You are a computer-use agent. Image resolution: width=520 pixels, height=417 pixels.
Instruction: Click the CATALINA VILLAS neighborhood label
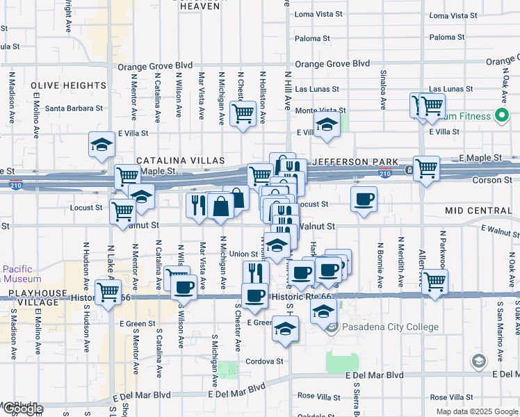click(172, 160)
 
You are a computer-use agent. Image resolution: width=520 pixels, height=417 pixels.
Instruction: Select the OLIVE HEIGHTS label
click(68, 85)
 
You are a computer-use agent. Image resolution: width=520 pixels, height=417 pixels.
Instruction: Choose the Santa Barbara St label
click(74, 108)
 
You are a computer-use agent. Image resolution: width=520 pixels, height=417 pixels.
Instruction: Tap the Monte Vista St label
click(320, 111)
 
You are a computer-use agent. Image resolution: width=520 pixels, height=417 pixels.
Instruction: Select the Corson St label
click(492, 180)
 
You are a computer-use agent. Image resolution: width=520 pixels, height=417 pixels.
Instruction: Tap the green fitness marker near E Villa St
click(502, 116)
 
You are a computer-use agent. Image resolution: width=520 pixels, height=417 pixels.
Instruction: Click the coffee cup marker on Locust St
click(364, 199)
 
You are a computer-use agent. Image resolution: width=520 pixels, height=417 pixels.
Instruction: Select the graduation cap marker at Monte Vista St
click(325, 125)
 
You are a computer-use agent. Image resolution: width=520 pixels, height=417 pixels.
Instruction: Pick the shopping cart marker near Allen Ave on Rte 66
click(434, 281)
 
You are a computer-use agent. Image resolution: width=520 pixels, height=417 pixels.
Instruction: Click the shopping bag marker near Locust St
click(220, 206)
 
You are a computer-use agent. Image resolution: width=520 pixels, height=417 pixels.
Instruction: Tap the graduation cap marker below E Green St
click(284, 329)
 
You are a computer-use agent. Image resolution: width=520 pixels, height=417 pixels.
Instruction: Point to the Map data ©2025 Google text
click(477, 411)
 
